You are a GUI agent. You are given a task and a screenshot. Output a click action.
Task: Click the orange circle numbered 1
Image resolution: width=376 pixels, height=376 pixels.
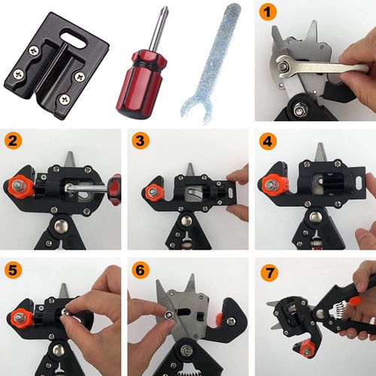tap(268, 12)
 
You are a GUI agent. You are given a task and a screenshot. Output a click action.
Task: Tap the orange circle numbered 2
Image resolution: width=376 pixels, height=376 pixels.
tap(14, 141)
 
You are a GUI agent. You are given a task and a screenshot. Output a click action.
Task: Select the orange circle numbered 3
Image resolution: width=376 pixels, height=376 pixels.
tap(141, 141)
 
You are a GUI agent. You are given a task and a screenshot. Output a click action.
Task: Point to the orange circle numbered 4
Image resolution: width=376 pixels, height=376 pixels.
tap(268, 141)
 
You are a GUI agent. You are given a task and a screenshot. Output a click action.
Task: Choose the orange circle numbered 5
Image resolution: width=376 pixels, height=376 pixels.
tap(14, 270)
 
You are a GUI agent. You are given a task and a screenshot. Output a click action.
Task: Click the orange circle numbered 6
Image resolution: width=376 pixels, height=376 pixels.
tap(141, 270)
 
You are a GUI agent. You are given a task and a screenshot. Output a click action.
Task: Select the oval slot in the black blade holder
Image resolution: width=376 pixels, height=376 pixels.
tap(74, 40)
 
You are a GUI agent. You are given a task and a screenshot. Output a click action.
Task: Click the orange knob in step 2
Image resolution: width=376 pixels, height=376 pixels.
tap(21, 186)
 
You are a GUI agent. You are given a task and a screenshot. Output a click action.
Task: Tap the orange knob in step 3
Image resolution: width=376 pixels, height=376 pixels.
tap(153, 192)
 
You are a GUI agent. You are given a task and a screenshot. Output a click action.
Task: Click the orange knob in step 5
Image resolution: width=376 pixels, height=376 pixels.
tap(20, 318)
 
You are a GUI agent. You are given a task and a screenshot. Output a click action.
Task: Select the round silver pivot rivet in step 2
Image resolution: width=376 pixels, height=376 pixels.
tap(62, 226)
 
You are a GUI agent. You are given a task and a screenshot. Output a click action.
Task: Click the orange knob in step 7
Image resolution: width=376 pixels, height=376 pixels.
tap(305, 348)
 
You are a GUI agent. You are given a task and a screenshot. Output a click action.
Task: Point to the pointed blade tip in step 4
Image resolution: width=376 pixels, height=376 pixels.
tap(320, 144)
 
